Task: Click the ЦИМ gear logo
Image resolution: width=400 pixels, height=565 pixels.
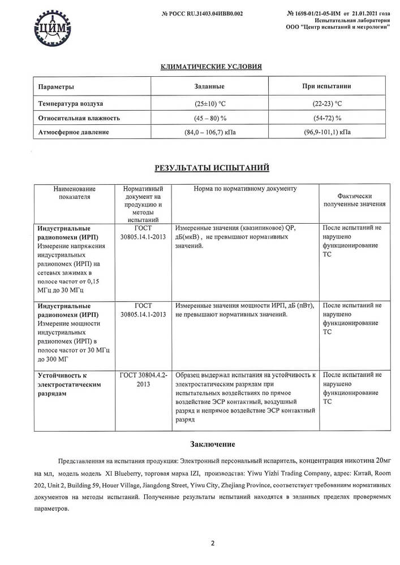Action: point(52,27)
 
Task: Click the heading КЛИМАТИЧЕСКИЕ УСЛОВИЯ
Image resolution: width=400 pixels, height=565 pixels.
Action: point(212,67)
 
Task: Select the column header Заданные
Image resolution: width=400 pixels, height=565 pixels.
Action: point(209,86)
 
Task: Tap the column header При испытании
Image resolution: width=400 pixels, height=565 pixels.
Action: point(326,86)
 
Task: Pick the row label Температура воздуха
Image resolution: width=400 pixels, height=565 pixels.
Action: point(71,103)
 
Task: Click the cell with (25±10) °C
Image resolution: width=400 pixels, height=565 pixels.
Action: point(209,103)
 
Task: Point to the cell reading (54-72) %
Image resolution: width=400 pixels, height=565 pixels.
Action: point(326,118)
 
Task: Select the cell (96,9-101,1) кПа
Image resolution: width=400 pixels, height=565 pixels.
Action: point(326,132)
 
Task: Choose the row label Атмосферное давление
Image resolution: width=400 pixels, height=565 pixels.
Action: point(74,132)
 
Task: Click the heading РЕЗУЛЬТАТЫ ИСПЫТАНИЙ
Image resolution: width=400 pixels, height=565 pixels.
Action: point(212,168)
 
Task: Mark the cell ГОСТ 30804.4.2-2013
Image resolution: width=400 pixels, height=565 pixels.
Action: point(143,379)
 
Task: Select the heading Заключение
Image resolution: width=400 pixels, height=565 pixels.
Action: point(212,445)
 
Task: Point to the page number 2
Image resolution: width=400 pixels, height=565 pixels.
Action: point(212,544)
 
